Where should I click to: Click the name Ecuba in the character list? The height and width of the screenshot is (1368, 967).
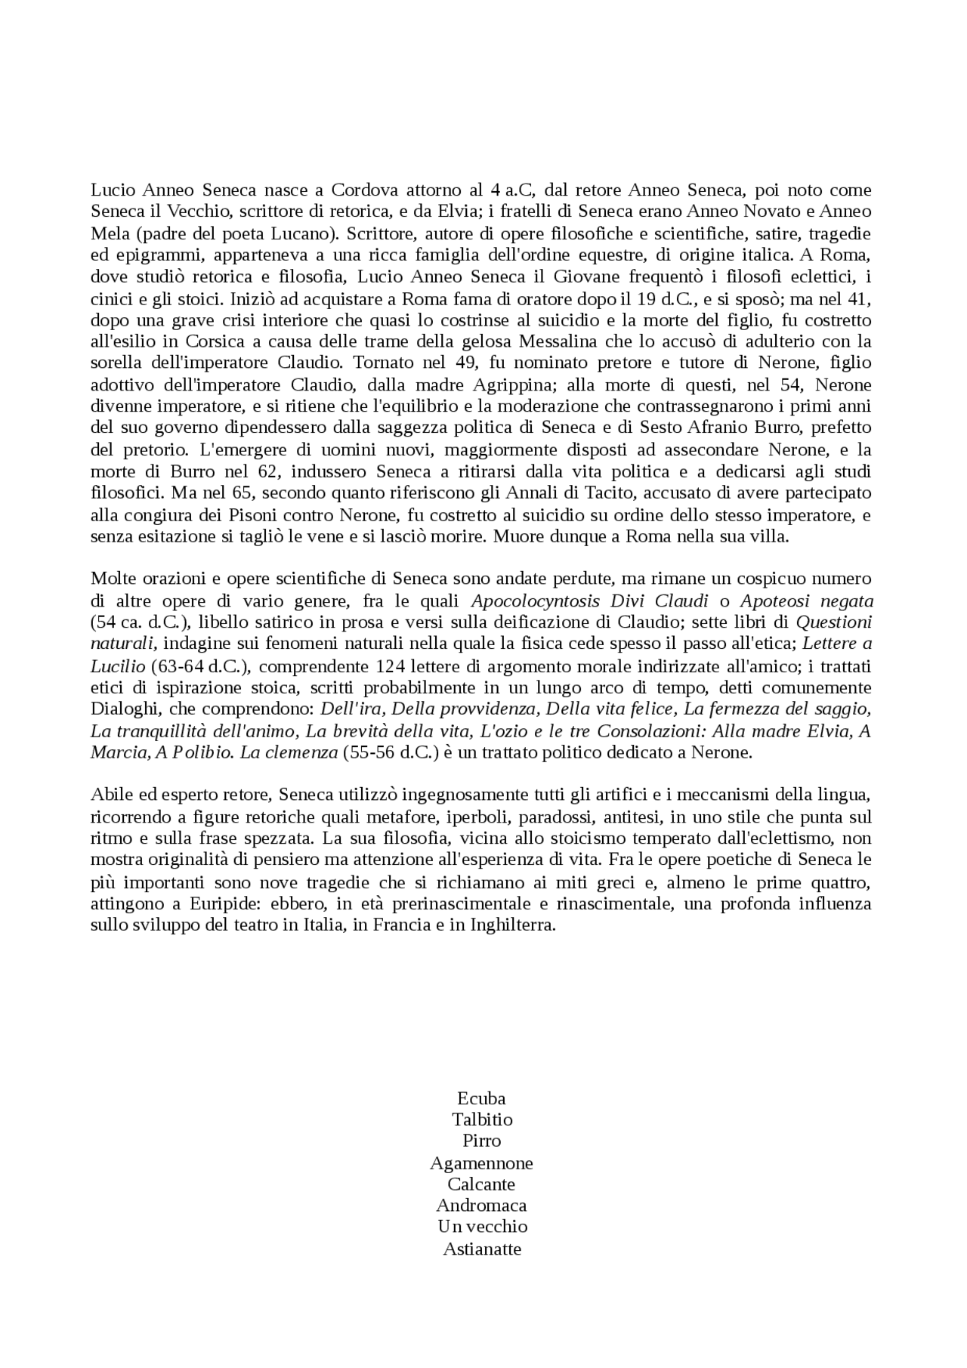(x=481, y=1098)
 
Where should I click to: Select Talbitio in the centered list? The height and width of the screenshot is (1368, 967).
(x=482, y=1119)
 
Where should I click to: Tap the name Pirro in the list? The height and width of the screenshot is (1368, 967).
(x=482, y=1140)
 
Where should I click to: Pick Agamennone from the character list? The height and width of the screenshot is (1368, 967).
(x=481, y=1163)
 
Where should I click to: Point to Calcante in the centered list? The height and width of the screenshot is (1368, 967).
(x=481, y=1184)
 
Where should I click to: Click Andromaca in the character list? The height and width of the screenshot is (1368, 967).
(x=481, y=1205)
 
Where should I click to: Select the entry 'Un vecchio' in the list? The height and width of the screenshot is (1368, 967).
(x=482, y=1226)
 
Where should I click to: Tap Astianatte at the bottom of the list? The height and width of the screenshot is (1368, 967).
(x=482, y=1249)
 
